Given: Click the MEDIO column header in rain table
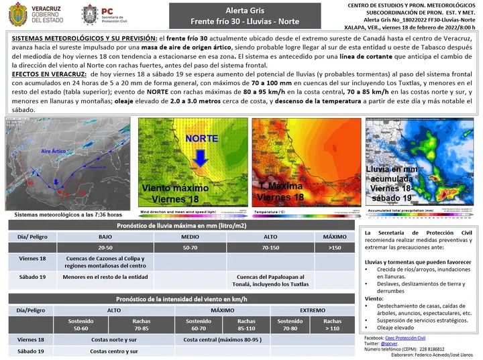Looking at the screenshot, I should pos(190,237).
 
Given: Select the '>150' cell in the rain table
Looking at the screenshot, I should pos(334,248).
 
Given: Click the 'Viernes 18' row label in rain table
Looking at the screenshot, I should pos(32,259).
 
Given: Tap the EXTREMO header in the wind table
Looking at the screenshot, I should pos(313,310).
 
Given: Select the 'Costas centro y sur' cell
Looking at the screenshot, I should pos(114,351).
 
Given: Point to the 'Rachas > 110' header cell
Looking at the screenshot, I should pos(331,325).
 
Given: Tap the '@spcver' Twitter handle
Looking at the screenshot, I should pos(392,344).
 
